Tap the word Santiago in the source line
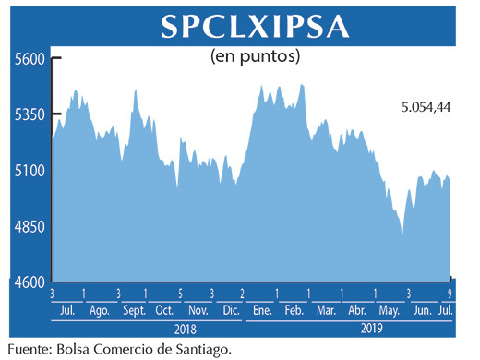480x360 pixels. click(196, 349)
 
